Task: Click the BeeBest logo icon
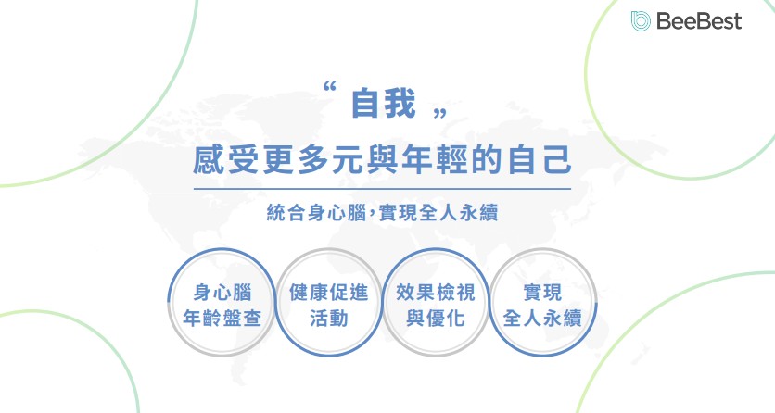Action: click(x=640, y=20)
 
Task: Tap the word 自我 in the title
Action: click(x=382, y=104)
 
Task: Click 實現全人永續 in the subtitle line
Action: click(x=445, y=213)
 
